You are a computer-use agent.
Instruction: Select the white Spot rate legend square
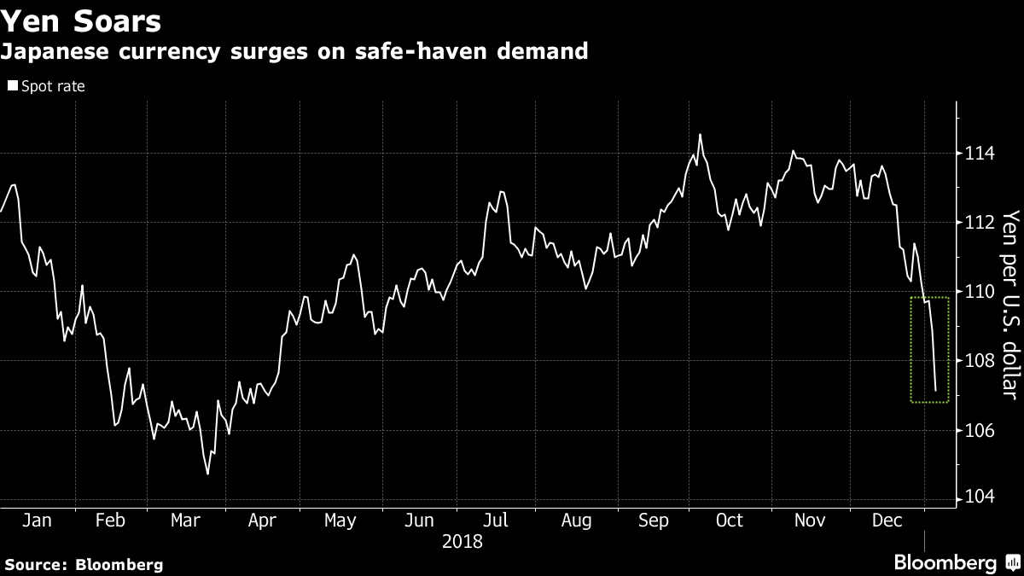[12, 86]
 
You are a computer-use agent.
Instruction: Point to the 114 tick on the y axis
[978, 154]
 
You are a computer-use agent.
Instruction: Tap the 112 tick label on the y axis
[978, 223]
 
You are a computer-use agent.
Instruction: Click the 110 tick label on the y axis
[978, 292]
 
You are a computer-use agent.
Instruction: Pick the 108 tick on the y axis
[978, 361]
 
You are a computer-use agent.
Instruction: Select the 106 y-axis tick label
[978, 430]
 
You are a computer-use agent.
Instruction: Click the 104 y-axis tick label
[978, 498]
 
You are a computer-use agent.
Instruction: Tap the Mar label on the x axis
[185, 521]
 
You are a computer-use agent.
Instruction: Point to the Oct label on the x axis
[730, 521]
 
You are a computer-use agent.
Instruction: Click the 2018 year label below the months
[462, 542]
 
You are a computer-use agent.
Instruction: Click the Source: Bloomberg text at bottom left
[83, 564]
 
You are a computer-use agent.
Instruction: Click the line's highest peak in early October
[700, 134]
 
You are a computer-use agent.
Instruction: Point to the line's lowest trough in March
[207, 474]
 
